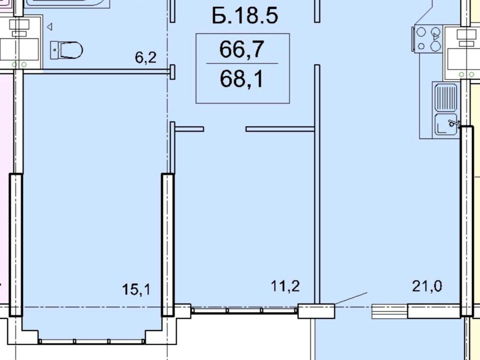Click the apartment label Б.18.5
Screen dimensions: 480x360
coord(245,16)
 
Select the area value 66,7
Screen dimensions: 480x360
coord(242,49)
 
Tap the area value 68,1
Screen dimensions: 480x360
coord(242,79)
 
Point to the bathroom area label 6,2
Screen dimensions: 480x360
coord(145,57)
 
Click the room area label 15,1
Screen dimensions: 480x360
coord(136,289)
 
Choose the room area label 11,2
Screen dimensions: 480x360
coord(285,286)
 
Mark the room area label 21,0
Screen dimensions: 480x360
coord(427,286)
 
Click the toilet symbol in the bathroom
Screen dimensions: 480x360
coord(66,50)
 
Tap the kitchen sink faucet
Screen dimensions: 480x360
coord(453,123)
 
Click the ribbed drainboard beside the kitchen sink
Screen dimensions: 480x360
coord(445,98)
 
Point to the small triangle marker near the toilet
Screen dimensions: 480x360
coord(49,27)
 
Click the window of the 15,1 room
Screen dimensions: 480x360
coord(92,341)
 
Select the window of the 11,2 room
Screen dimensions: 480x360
coord(244,310)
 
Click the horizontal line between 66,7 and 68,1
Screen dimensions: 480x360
coord(242,63)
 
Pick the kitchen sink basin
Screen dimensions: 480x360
coord(445,124)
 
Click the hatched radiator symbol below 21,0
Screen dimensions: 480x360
coord(389,311)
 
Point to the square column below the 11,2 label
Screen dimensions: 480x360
coord(316,311)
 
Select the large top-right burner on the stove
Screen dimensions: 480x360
coord(435,31)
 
